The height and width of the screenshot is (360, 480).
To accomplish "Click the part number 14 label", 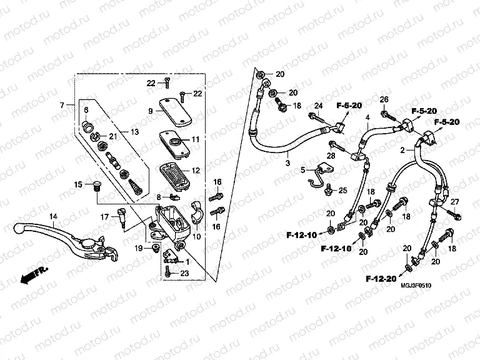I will tap(54, 217).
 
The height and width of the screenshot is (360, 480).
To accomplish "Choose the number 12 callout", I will tap(196, 170).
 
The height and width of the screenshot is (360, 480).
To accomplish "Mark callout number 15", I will tap(79, 184).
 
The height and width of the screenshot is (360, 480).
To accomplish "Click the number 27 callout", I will tap(454, 201).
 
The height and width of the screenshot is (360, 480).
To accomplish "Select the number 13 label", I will tap(134, 131).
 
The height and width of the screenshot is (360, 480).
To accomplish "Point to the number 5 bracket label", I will tap(303, 169).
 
